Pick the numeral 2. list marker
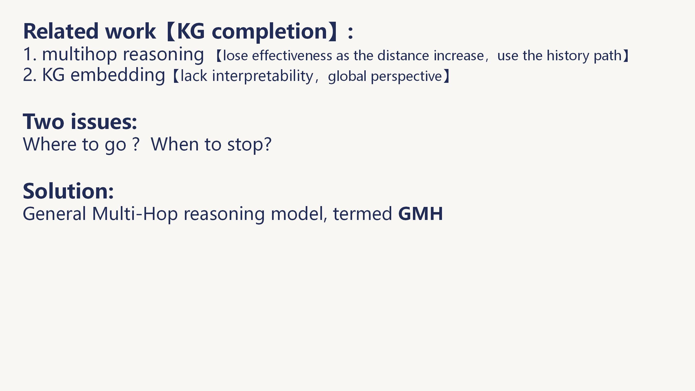coord(30,75)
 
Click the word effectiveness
coord(292,56)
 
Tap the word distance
coord(403,56)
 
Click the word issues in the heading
coord(104,121)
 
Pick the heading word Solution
coord(68,191)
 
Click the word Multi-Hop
coord(135,214)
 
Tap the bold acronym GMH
coord(420,214)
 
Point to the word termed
coord(362,214)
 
